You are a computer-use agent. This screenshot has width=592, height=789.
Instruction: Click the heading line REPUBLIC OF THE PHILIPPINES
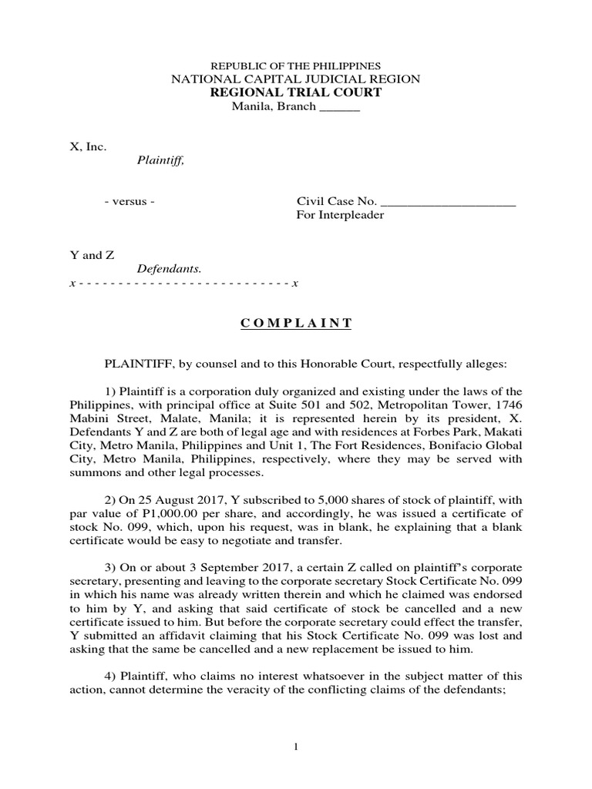pos(297,66)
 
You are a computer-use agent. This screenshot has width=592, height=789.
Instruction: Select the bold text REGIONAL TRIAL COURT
pos(296,92)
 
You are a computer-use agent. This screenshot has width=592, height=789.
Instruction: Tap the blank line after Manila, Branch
pos(339,106)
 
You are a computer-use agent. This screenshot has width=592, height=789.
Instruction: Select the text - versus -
pos(129,202)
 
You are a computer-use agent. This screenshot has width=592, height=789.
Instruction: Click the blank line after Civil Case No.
pos(449,202)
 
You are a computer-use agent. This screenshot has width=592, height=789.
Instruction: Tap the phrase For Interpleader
pos(340,215)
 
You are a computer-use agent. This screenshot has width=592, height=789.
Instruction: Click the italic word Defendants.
pos(169,269)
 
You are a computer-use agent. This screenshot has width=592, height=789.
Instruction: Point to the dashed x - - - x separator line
pos(183,284)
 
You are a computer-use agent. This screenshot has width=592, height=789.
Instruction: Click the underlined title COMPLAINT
pos(296,324)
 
